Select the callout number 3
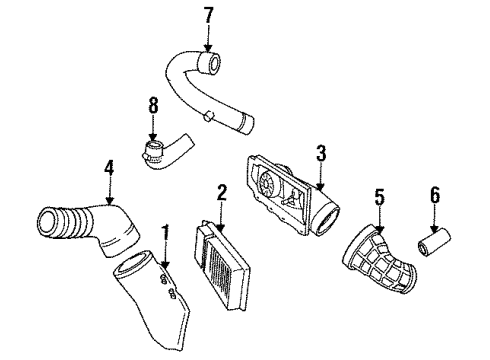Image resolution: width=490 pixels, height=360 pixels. pyautogui.click(x=321, y=153)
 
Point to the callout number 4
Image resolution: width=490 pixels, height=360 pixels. pyautogui.click(x=108, y=170)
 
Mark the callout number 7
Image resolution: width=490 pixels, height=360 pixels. pyautogui.click(x=208, y=16)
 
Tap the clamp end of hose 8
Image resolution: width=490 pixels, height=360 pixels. pyautogui.click(x=152, y=154)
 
